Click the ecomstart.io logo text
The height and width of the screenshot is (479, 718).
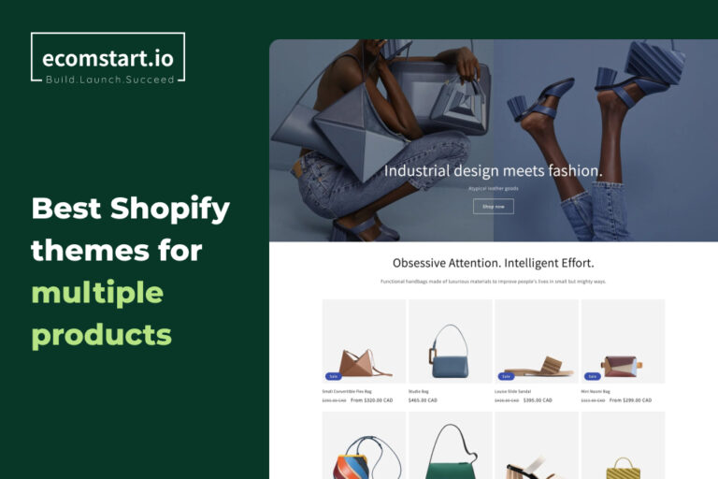108,57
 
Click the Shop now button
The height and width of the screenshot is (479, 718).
493,206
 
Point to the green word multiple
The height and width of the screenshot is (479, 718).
97,292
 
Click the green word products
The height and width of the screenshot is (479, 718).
101,334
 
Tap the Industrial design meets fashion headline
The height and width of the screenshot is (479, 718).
493,171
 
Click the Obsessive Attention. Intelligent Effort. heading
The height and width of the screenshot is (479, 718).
493,263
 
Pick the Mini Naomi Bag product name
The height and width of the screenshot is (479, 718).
596,391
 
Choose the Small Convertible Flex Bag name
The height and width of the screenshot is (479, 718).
347,391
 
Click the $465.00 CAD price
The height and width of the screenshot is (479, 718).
423,400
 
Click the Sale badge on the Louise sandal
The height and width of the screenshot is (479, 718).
505,376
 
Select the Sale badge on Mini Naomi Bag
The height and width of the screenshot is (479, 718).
592,376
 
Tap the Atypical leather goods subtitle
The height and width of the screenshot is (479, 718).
493,188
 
